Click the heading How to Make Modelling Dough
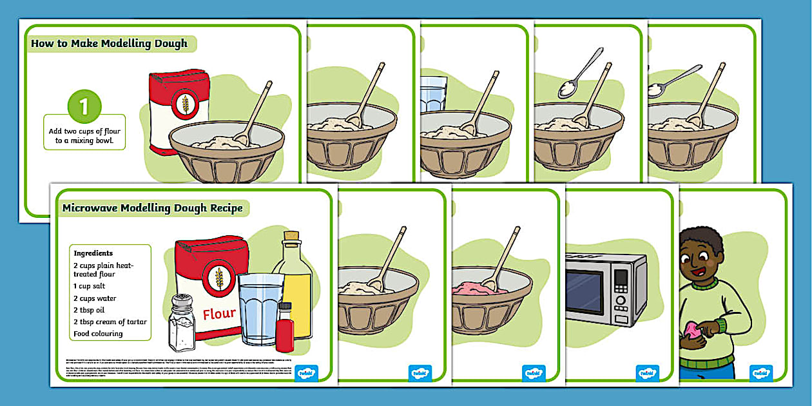[x=109, y=44]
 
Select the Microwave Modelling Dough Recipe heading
[x=152, y=208]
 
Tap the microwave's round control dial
[x=621, y=301]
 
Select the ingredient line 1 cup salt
[x=89, y=286]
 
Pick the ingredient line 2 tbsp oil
[x=89, y=310]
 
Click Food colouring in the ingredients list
[x=98, y=334]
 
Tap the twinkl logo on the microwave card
[x=646, y=373]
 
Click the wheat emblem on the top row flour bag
[x=185, y=103]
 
